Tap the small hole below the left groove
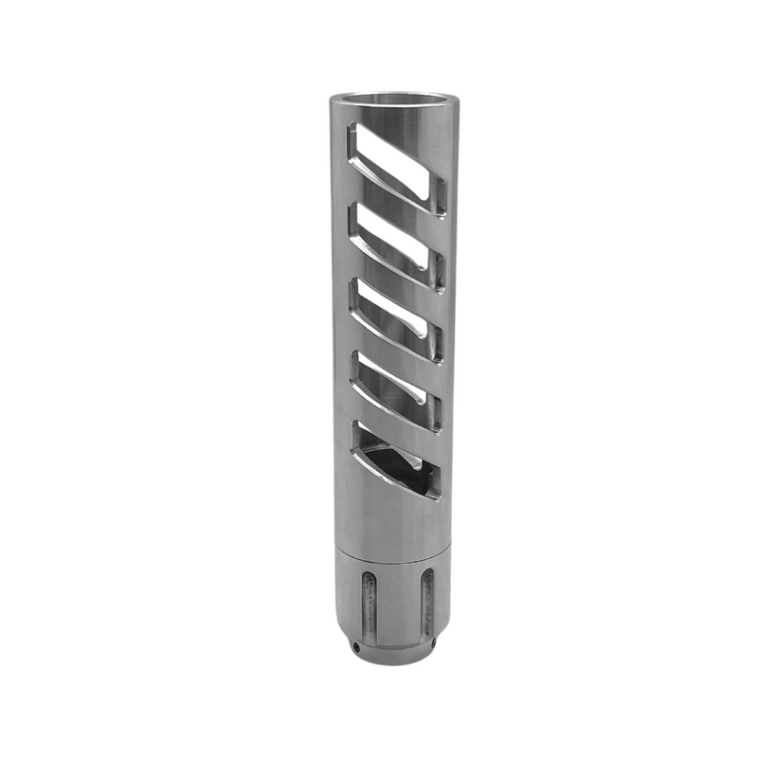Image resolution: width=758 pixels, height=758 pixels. tap(355, 646)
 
